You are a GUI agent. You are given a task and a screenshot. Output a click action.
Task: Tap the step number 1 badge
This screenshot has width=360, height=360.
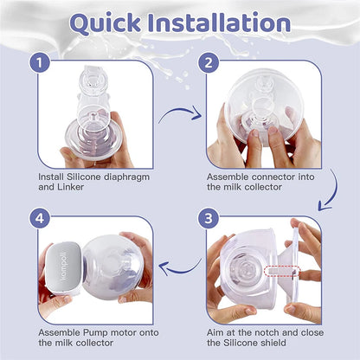coord(37,62)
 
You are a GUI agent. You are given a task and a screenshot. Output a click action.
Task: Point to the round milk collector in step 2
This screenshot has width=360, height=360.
coord(260,112)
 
